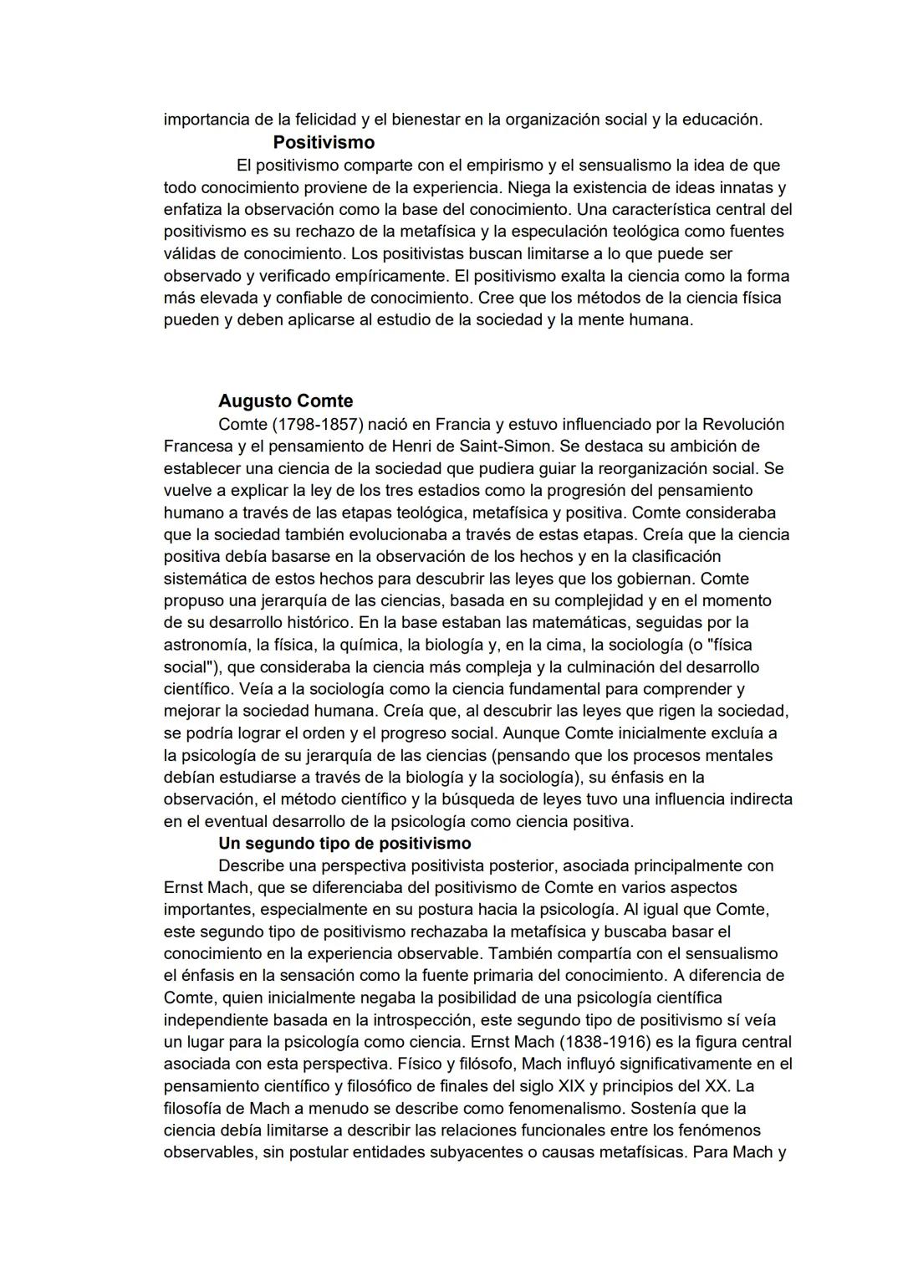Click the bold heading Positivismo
point(323,142)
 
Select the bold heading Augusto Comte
point(285,401)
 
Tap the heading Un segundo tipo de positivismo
point(344,843)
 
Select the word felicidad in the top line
point(318,120)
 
